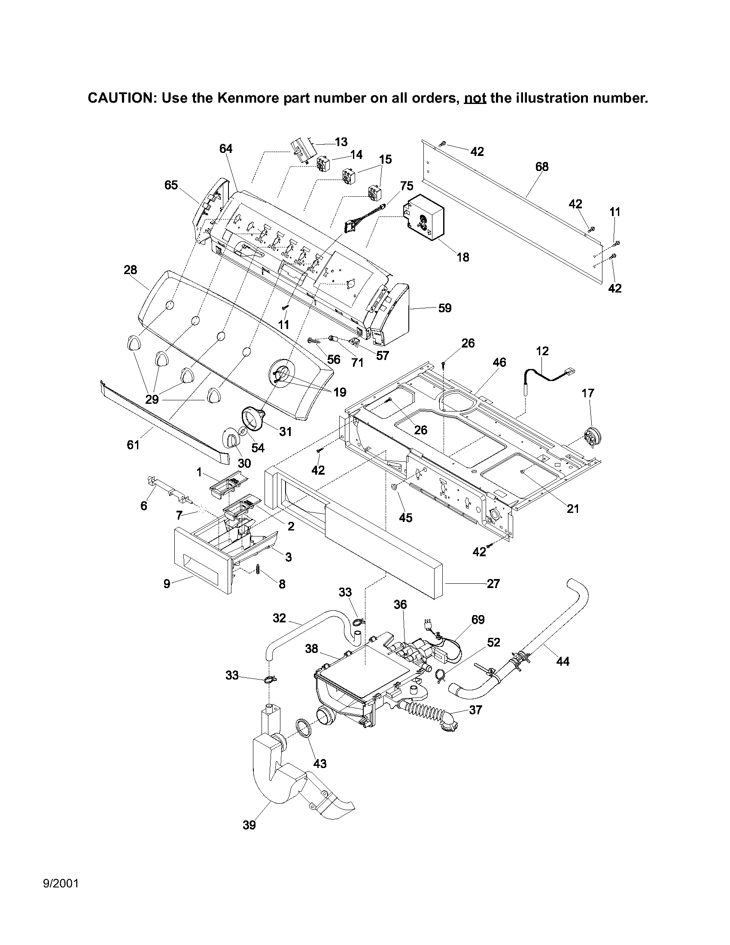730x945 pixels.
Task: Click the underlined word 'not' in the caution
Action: (475, 98)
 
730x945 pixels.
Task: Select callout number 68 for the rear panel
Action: (541, 167)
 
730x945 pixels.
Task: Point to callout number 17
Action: (588, 393)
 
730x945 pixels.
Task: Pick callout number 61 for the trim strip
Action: (133, 445)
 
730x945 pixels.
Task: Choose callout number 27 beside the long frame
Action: (493, 584)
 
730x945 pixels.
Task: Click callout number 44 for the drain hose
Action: (563, 661)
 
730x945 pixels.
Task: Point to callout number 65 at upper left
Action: (171, 185)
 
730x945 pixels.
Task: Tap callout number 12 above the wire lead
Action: (542, 351)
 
